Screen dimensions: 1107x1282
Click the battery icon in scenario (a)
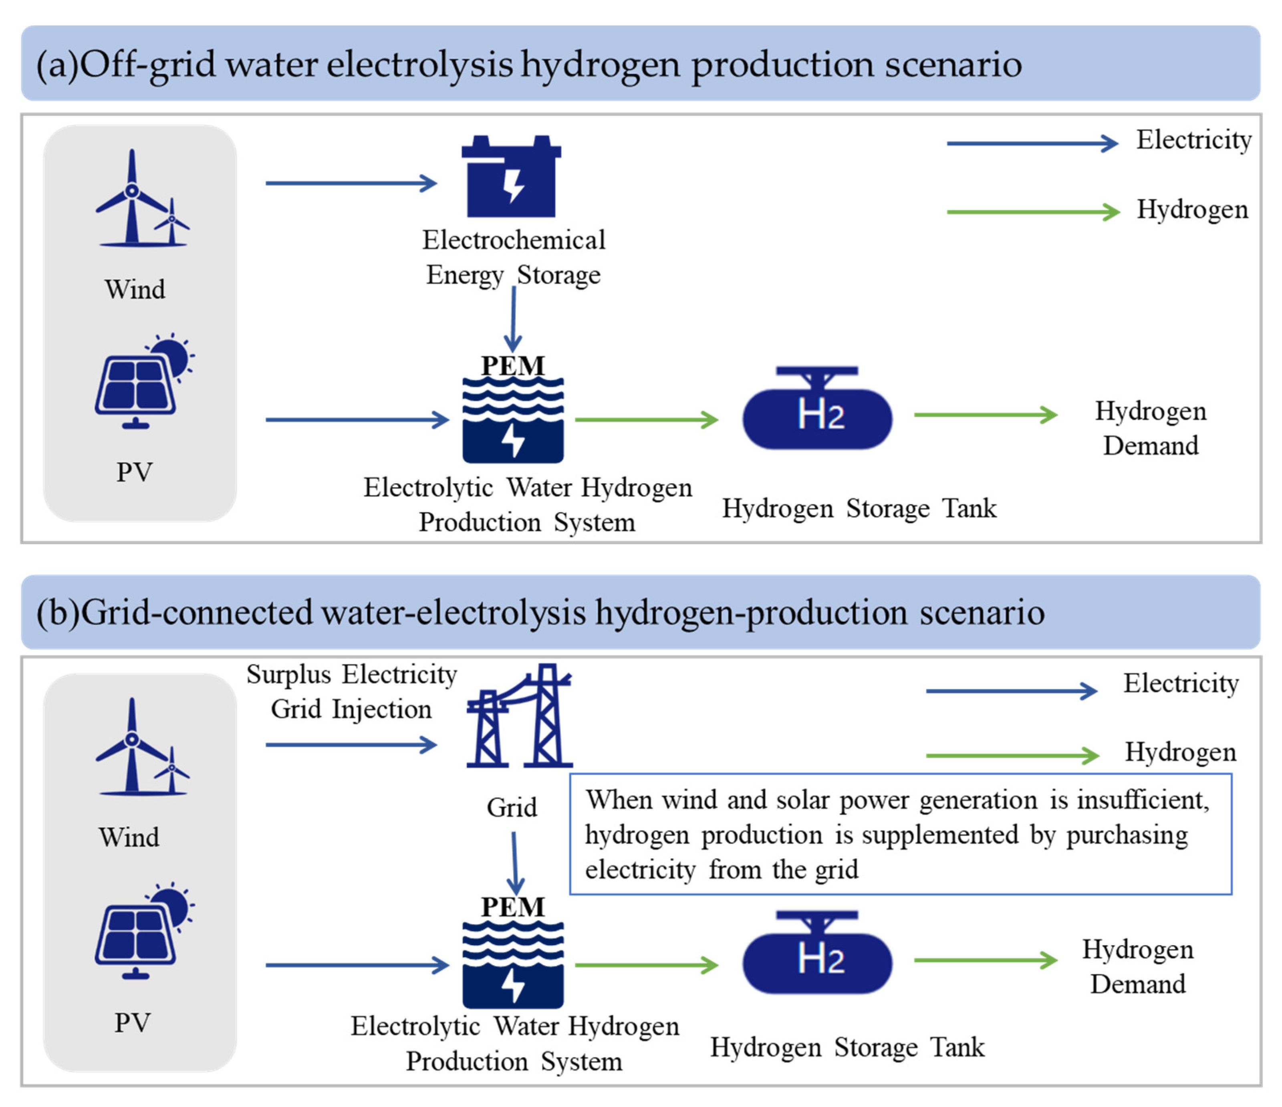[511, 178]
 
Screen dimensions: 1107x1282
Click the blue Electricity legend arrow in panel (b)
[1011, 691]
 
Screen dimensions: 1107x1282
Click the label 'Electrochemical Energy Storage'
[514, 257]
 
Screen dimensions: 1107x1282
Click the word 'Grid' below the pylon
[512, 807]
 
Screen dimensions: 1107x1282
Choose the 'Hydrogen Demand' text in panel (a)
[1151, 428]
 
